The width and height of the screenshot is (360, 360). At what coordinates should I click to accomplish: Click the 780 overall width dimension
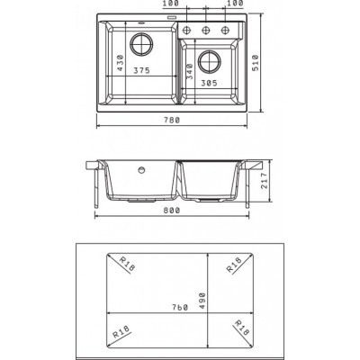172,120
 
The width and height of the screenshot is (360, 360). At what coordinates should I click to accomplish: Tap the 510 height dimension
255,63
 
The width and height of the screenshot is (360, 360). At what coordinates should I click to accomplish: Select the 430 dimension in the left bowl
120,63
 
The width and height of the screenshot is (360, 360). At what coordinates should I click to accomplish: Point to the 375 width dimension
141,70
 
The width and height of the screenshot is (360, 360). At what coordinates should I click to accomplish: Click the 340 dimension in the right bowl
189,71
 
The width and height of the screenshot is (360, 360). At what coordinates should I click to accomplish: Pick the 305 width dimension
209,83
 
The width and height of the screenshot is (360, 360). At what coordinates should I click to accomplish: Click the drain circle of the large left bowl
141,44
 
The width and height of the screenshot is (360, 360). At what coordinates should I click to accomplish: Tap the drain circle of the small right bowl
210,62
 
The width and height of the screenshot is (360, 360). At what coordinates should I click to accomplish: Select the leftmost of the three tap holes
187,30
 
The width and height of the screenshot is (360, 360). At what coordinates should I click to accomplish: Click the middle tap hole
206,30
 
